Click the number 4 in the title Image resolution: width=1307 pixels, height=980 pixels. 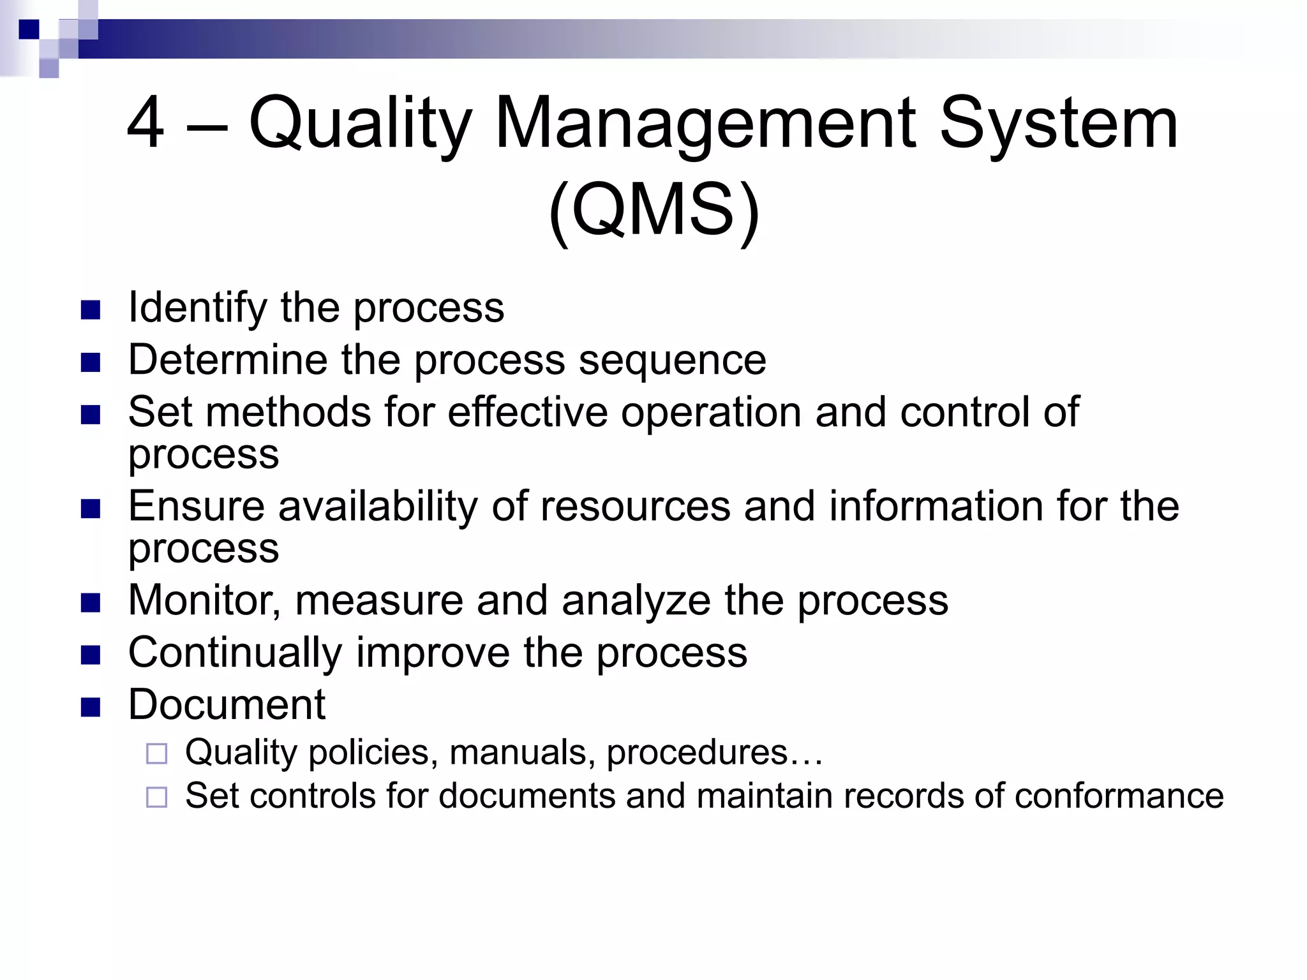click(146, 122)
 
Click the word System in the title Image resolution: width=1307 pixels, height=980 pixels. click(1058, 122)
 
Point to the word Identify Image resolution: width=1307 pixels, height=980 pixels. click(197, 308)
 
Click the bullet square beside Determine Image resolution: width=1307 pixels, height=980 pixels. click(91, 362)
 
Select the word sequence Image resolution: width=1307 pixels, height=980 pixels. click(671, 360)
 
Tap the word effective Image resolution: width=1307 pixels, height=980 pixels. click(527, 412)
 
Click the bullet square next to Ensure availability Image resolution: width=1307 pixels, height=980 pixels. click(91, 509)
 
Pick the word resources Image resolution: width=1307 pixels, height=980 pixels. click(634, 507)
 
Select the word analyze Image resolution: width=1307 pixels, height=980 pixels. click(636, 601)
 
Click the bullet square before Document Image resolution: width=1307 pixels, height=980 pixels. click(91, 707)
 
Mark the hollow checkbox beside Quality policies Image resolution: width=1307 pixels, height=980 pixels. click(156, 754)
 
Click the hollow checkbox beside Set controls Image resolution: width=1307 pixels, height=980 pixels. click(156, 798)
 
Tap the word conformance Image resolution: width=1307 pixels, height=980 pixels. click(1119, 796)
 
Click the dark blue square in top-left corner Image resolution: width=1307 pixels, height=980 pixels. click(29, 29)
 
